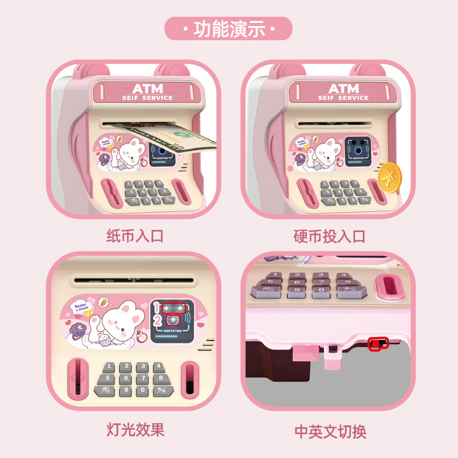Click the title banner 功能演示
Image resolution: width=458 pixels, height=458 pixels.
tap(228, 29)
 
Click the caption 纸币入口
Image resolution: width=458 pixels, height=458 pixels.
tap(135, 235)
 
